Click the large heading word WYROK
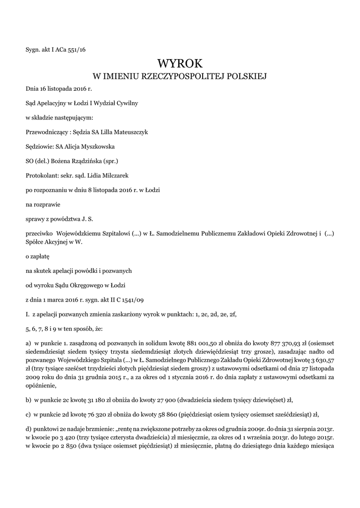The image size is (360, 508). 180,63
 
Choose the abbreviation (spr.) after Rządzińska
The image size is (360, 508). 110,161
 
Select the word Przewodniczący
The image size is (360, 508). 46,132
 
